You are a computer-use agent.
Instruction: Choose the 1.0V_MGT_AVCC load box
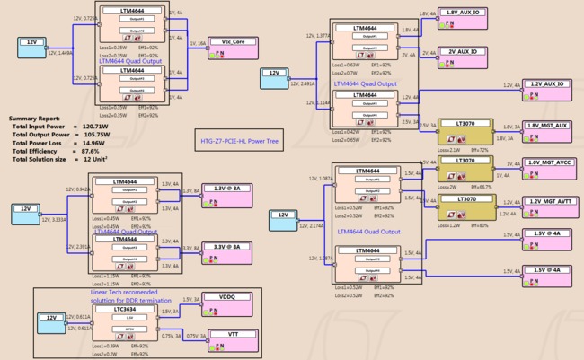[550, 168]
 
